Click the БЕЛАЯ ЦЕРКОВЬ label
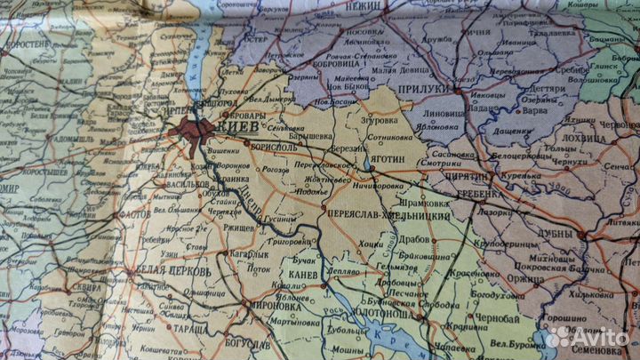173,271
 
